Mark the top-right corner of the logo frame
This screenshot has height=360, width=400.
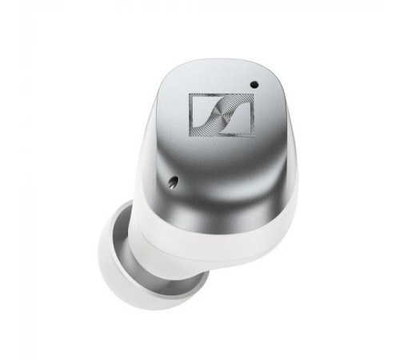252,96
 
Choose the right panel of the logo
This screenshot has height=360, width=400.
238,111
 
